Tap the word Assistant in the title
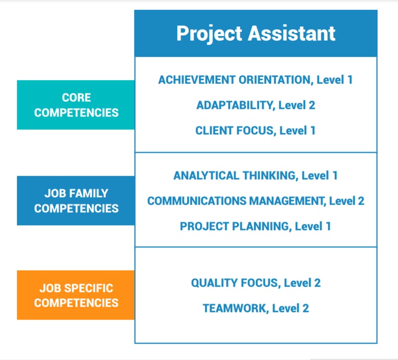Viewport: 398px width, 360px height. coord(292,34)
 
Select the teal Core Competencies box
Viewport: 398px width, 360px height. coord(76,104)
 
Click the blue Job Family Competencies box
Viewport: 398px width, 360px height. coord(76,201)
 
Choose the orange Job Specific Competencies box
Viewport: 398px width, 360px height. coord(76,295)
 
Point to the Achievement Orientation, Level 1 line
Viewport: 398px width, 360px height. coord(255,79)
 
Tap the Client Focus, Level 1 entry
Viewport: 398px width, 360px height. coord(255,131)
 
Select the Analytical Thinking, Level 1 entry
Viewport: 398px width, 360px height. coord(255,175)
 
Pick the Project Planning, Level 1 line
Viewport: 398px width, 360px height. coord(255,226)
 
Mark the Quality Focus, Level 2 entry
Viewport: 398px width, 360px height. coord(255,283)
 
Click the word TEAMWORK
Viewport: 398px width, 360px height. coord(235,308)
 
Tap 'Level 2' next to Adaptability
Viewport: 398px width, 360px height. coord(296,105)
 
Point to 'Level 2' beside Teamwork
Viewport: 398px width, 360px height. coord(290,308)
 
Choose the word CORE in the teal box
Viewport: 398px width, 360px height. coord(76,98)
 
